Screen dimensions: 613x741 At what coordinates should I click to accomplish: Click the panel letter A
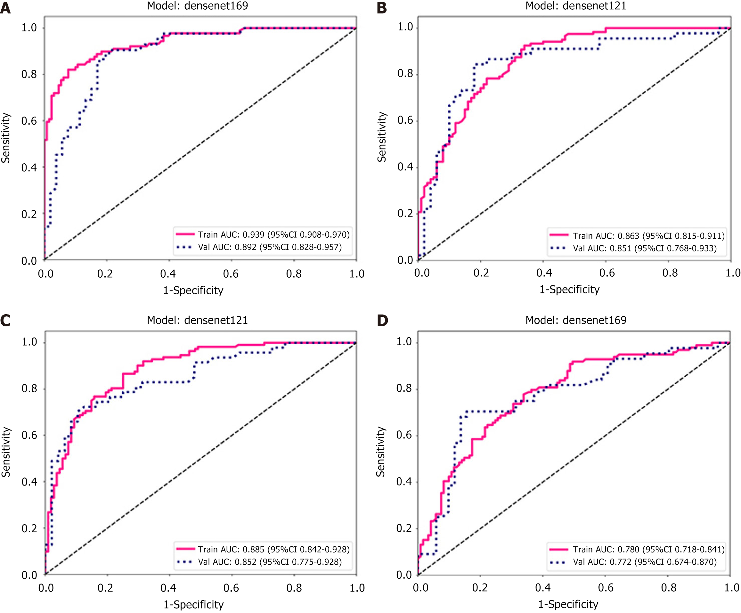pos(5,7)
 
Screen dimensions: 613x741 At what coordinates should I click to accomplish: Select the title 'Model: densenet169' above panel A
pos(197,6)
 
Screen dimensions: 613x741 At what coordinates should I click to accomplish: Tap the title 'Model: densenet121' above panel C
pos(197,320)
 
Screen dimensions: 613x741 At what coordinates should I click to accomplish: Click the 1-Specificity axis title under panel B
pos(569,290)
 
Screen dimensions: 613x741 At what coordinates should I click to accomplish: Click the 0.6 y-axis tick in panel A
pos(29,121)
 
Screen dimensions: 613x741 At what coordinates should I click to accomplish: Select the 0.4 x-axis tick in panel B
pos(544,273)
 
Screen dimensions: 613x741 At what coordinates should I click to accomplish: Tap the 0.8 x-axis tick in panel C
pos(294,588)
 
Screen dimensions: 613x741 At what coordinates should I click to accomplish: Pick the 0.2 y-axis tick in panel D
pos(404,528)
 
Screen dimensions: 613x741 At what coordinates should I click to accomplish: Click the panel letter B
pos(382,7)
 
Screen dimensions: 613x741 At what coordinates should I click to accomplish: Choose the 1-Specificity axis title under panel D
pos(568,604)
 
